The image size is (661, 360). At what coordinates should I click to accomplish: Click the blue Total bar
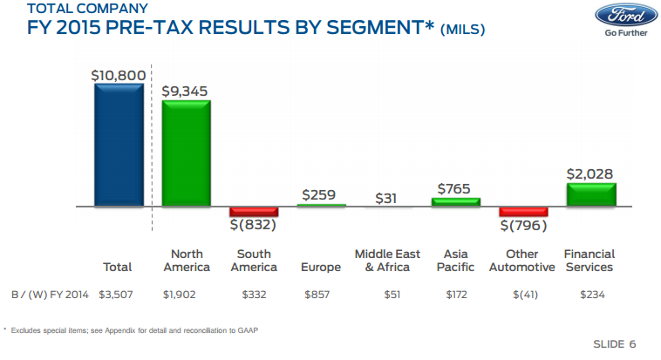118,146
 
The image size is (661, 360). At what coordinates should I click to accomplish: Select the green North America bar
186,153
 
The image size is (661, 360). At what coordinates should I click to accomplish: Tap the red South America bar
254,212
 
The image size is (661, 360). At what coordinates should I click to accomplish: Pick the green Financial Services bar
590,194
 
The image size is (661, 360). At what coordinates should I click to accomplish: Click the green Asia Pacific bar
455,202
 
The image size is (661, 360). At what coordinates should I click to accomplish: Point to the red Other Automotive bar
523,212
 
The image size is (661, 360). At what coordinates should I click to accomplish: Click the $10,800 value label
118,76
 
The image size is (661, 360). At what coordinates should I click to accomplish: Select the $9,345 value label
185,92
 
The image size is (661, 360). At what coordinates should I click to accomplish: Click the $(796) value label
523,226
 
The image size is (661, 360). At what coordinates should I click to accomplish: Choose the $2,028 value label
590,174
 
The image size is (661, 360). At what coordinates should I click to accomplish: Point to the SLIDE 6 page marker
614,344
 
